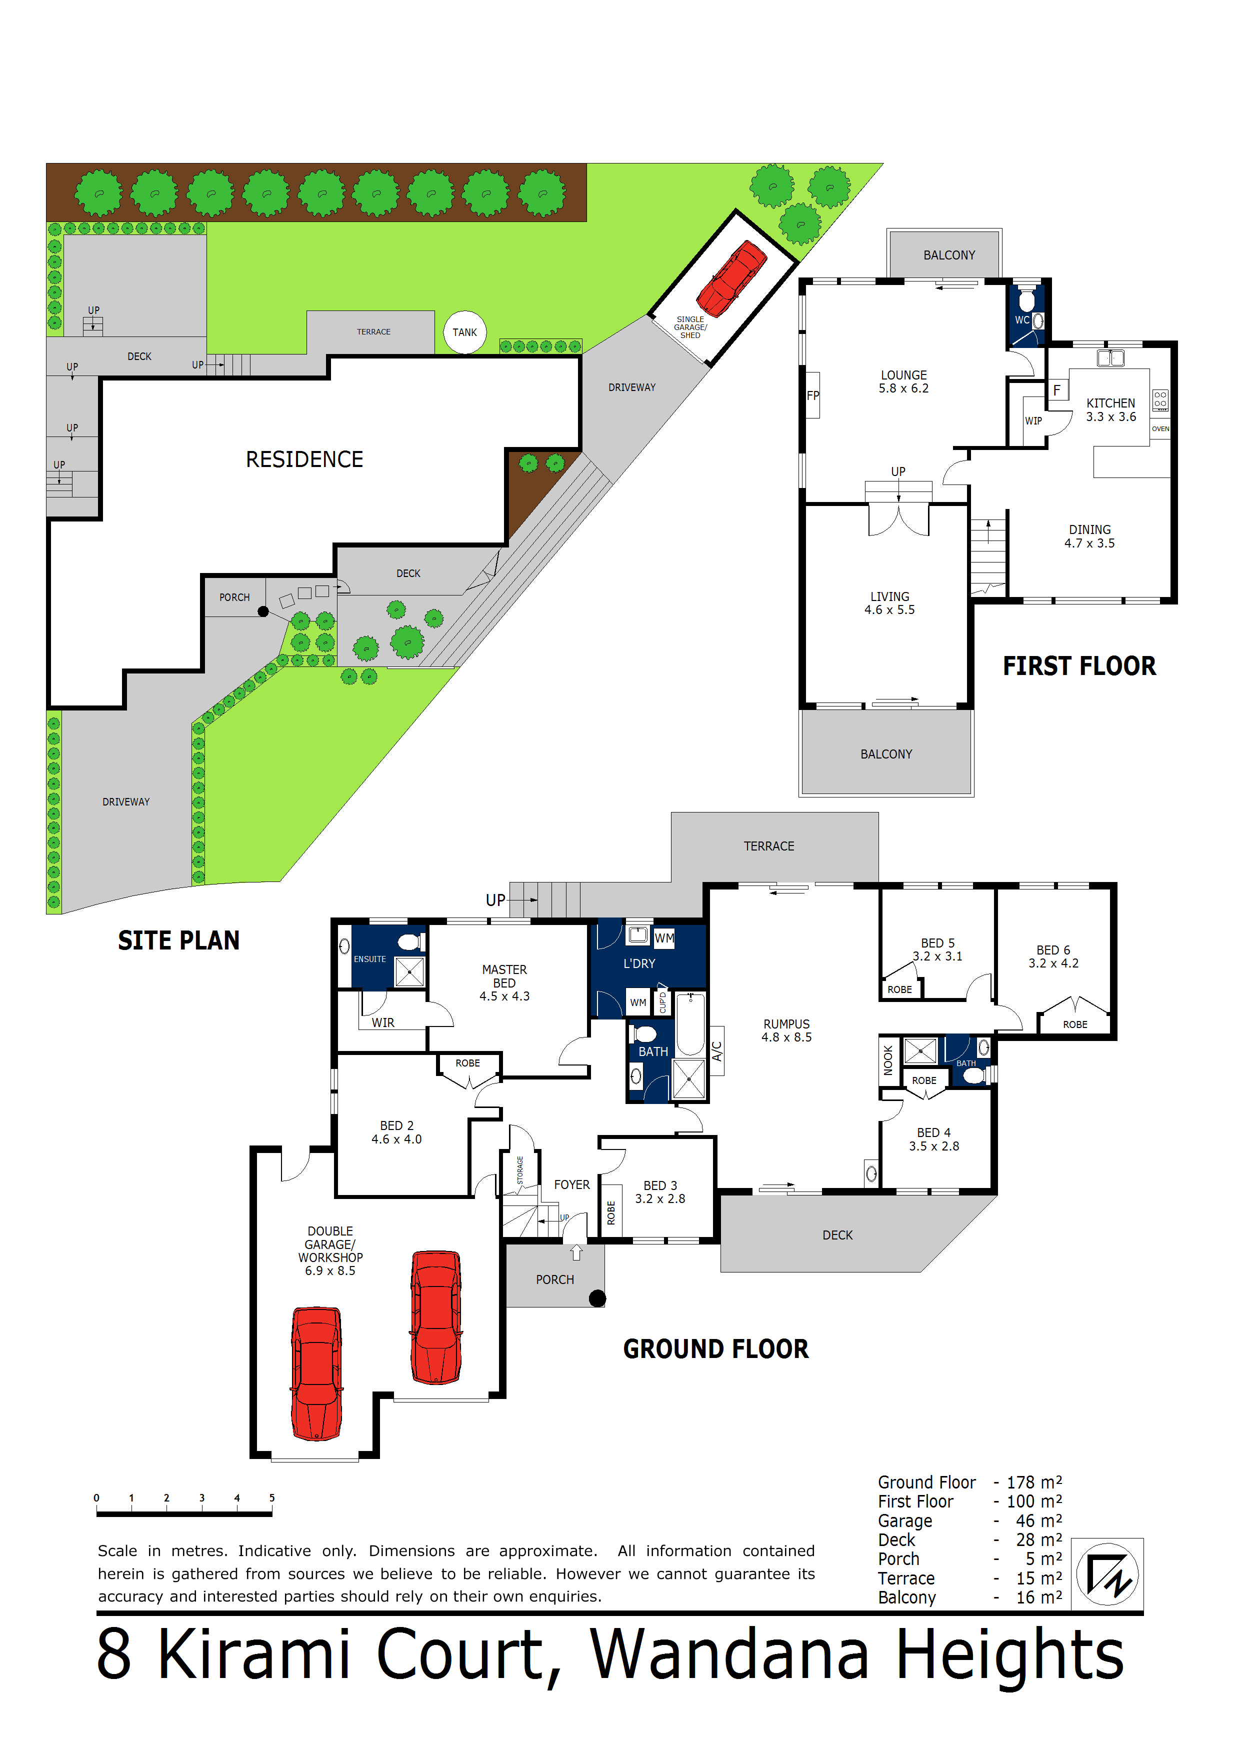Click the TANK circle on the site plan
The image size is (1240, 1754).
click(464, 332)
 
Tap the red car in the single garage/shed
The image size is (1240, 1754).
click(731, 278)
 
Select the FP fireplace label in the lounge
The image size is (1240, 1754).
click(813, 395)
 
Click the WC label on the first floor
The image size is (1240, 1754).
click(1021, 320)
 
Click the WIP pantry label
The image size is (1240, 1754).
click(1033, 421)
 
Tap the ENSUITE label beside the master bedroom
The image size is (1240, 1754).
click(370, 959)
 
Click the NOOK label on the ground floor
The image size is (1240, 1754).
click(888, 1060)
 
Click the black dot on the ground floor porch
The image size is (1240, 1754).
click(597, 1298)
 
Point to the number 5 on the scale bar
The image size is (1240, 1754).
click(272, 1498)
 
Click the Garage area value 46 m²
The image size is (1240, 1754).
click(1038, 1521)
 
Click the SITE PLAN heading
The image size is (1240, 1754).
click(179, 940)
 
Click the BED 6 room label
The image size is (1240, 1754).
click(1053, 950)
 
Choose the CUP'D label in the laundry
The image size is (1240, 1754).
click(662, 1002)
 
